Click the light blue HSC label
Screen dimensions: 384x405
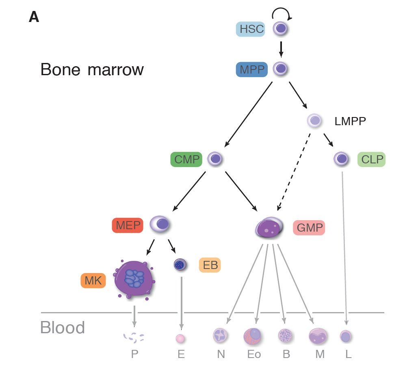click(x=251, y=29)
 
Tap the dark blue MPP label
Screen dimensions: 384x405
click(x=251, y=69)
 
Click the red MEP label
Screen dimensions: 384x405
click(x=127, y=225)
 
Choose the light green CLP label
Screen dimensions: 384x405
click(x=371, y=159)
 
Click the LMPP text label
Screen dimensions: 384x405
click(x=350, y=121)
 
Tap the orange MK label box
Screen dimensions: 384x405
click(x=93, y=280)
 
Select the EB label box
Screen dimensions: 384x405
click(x=210, y=265)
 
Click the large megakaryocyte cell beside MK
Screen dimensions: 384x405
click(x=134, y=280)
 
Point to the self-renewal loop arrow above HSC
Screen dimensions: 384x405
click(x=281, y=15)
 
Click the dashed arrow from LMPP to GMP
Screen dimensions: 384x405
click(x=293, y=173)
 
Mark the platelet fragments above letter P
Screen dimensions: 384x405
click(x=134, y=336)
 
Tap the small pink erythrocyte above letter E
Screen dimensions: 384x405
click(x=180, y=338)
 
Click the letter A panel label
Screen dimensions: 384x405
click(x=34, y=17)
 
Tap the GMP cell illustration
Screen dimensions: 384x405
click(x=269, y=228)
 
